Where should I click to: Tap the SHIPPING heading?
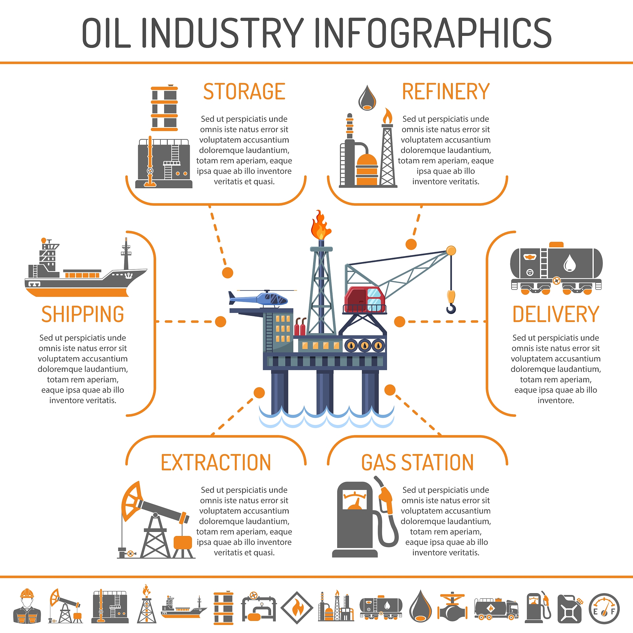pyautogui.click(x=83, y=314)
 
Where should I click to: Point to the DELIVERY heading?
pyautogui.click(x=556, y=314)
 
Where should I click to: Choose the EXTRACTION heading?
pyautogui.click(x=216, y=463)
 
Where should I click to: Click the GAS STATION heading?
pyautogui.click(x=417, y=463)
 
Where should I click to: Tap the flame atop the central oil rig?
pyautogui.click(x=321, y=225)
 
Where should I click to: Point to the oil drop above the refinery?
pyautogui.click(x=367, y=98)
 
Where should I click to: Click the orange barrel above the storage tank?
pyautogui.click(x=164, y=108)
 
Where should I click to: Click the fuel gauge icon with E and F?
pyautogui.click(x=604, y=609)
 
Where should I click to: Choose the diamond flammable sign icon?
pyautogui.click(x=297, y=608)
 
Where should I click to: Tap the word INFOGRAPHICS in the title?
pyautogui.click(x=433, y=33)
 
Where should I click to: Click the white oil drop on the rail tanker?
pyautogui.click(x=570, y=263)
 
